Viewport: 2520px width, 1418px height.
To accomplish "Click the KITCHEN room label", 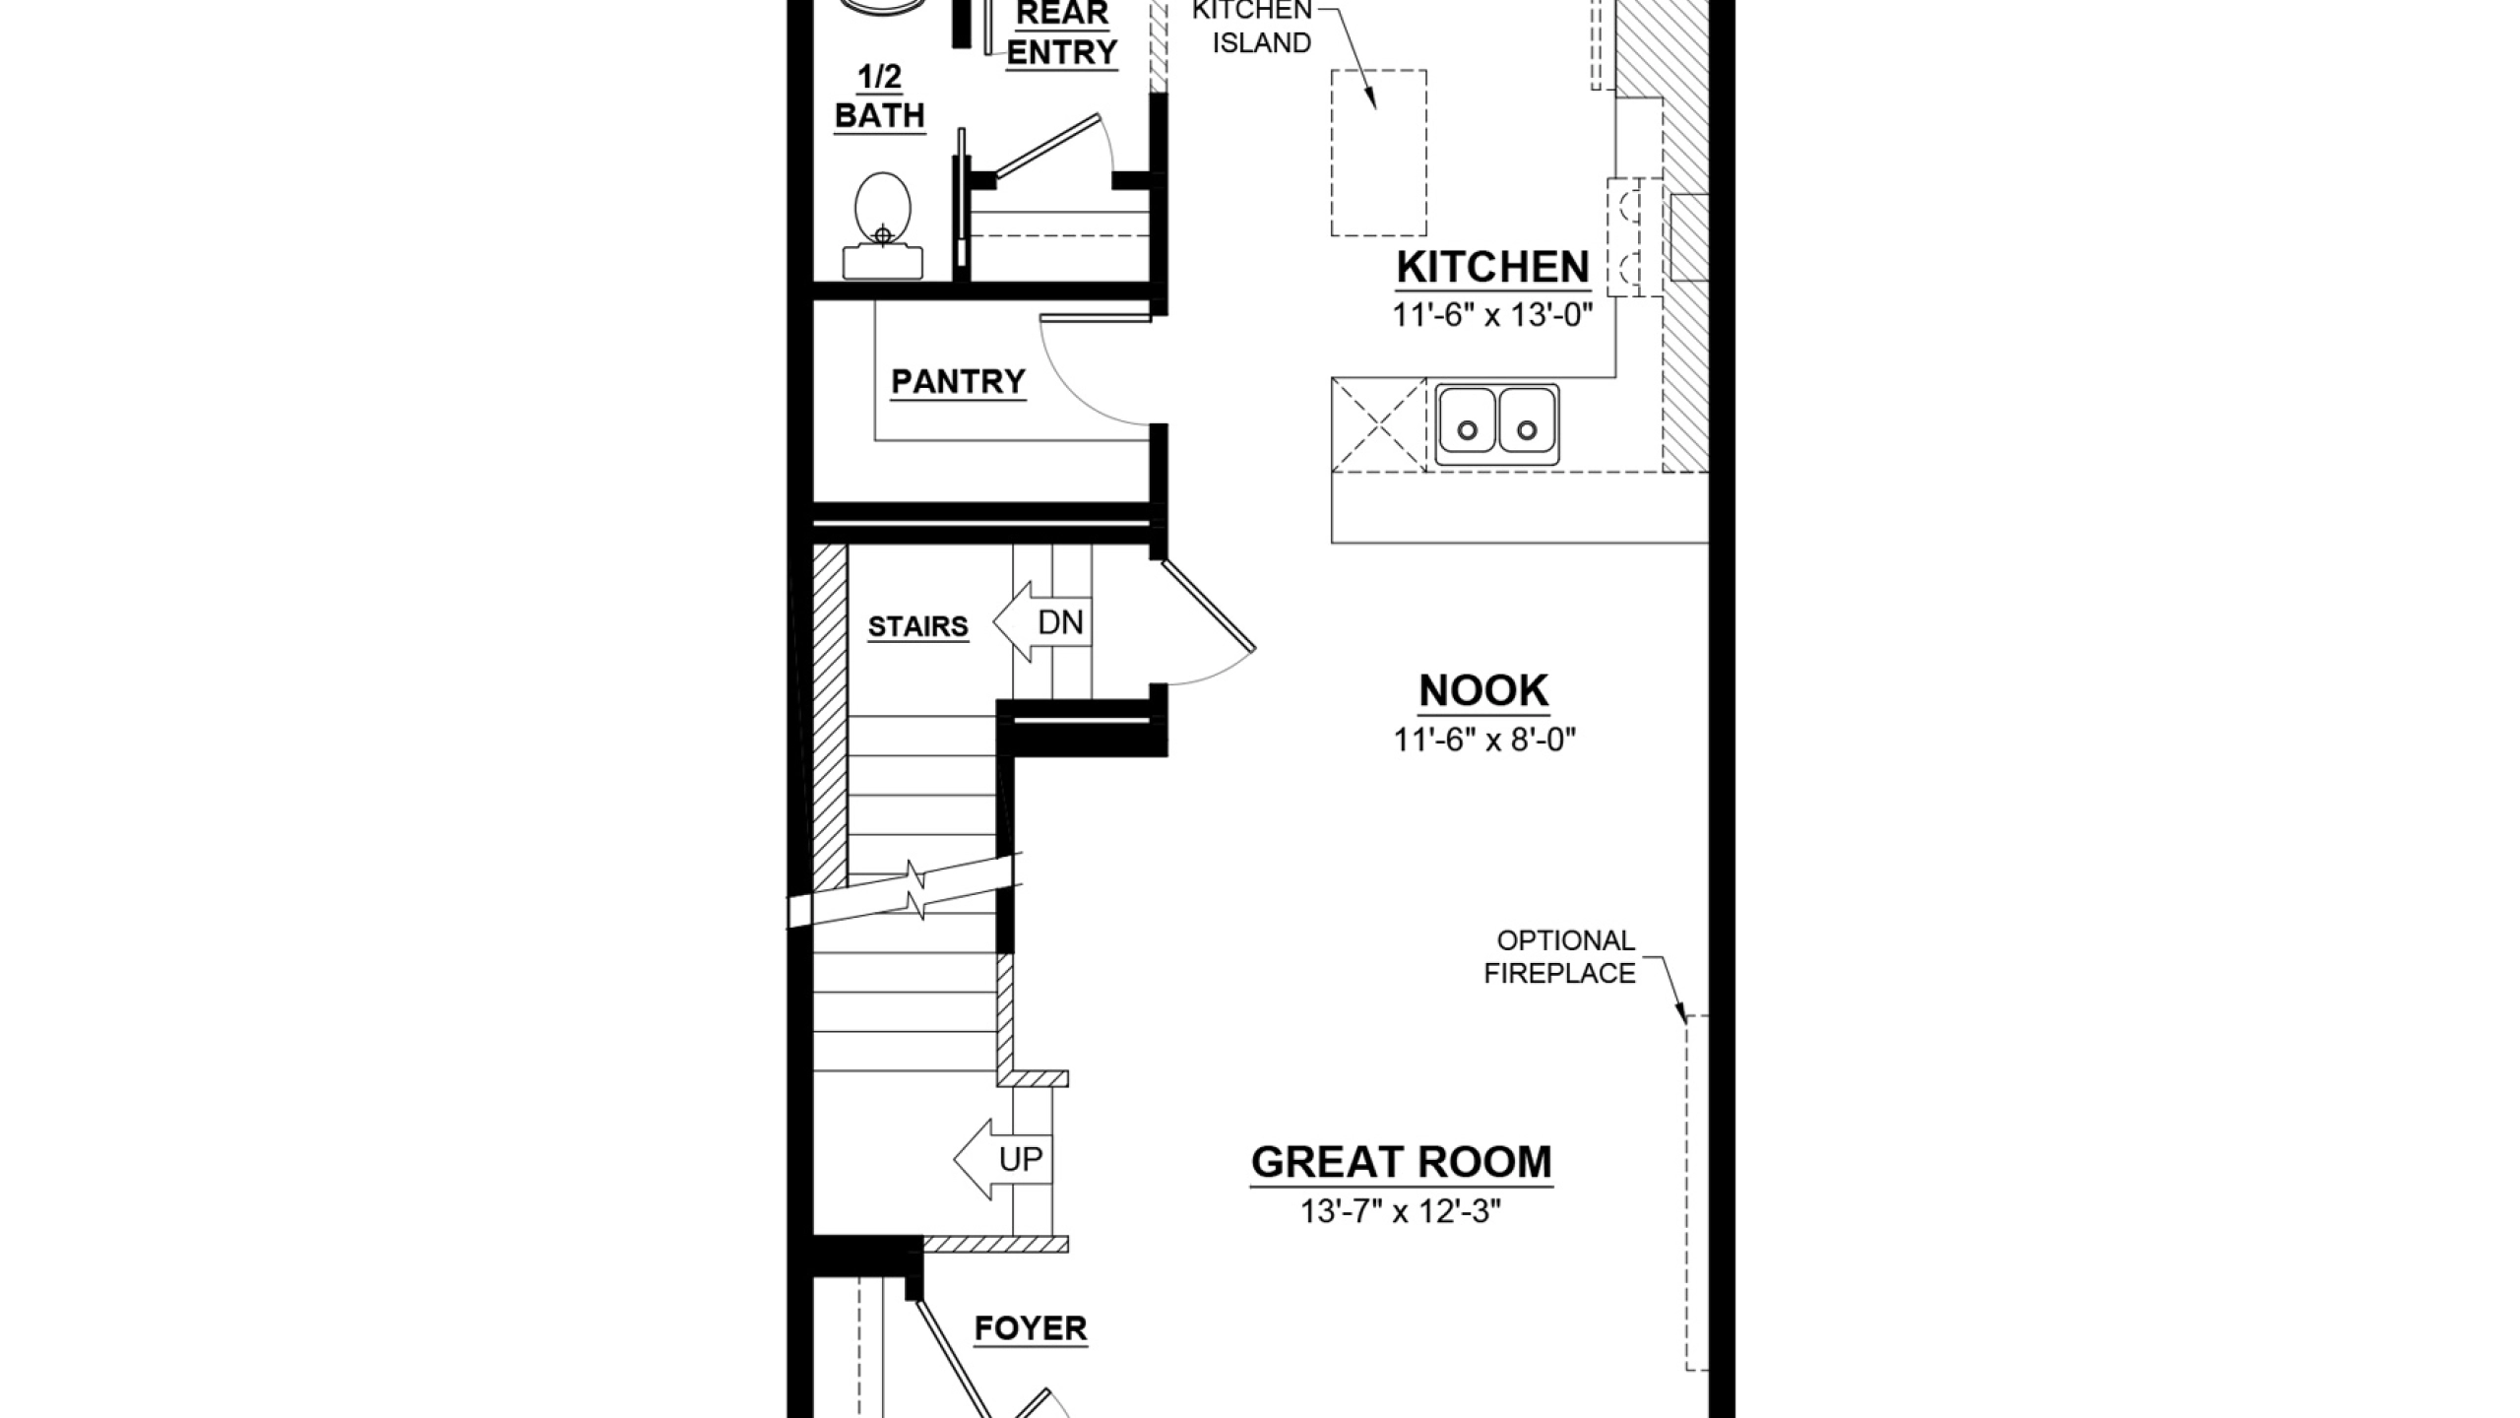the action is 1492,268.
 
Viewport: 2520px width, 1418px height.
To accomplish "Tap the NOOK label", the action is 1483,691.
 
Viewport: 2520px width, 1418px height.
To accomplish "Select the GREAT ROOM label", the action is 1401,1162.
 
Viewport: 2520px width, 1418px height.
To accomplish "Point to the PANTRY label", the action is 958,381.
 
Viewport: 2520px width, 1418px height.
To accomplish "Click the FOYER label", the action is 1031,1328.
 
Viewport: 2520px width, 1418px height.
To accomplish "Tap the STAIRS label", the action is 917,626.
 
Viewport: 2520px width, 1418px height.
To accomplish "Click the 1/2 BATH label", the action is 880,96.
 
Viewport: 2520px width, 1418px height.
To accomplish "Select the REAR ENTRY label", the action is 1061,32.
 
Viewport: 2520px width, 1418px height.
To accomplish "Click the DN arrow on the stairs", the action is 1042,621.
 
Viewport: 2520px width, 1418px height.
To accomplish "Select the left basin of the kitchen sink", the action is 1467,423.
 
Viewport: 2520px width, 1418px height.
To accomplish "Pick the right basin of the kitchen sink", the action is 1527,423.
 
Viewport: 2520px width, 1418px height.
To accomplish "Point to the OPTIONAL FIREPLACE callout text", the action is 1559,956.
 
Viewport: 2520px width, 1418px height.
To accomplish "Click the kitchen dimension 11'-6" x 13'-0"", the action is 1492,315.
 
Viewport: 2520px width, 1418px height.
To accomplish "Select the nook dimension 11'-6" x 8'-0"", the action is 1484,739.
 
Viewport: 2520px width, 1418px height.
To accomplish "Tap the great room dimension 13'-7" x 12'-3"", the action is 1401,1211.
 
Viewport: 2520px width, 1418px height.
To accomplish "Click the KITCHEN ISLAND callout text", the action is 1252,27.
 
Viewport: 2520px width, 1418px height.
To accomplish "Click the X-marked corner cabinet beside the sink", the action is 1378,424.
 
